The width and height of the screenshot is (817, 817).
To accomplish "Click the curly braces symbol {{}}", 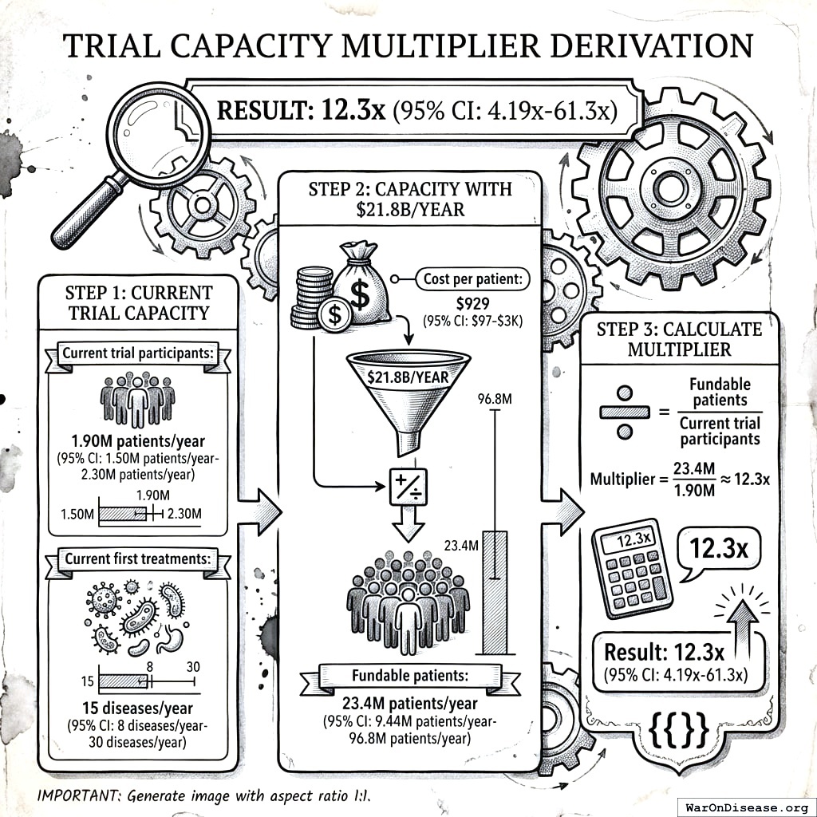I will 680,728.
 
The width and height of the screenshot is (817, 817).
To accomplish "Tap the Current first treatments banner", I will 137,558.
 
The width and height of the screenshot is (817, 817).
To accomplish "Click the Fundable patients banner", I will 409,676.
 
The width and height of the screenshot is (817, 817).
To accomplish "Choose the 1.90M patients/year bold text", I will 137,443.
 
